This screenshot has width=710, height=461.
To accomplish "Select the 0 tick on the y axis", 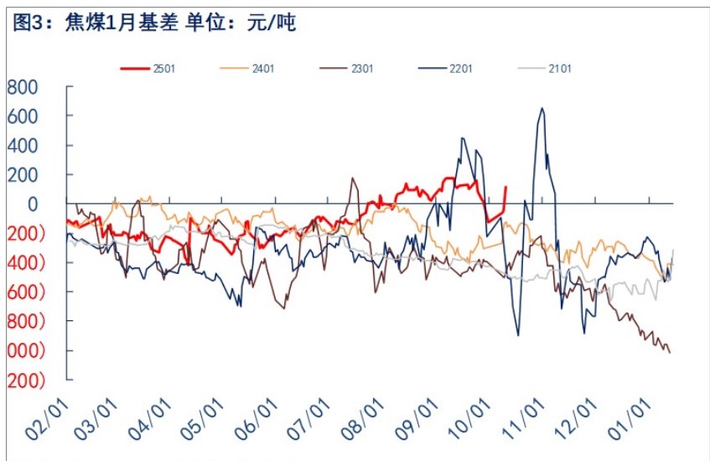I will pos(33,204).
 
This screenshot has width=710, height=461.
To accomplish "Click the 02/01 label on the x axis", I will pos(47,417).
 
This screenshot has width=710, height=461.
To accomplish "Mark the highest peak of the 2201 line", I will pos(542,108).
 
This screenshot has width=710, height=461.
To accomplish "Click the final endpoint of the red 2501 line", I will pos(505,187).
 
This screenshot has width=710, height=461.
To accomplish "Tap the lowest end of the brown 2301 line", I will pos(669,353).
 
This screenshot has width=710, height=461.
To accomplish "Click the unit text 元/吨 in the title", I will pos(271,23).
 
